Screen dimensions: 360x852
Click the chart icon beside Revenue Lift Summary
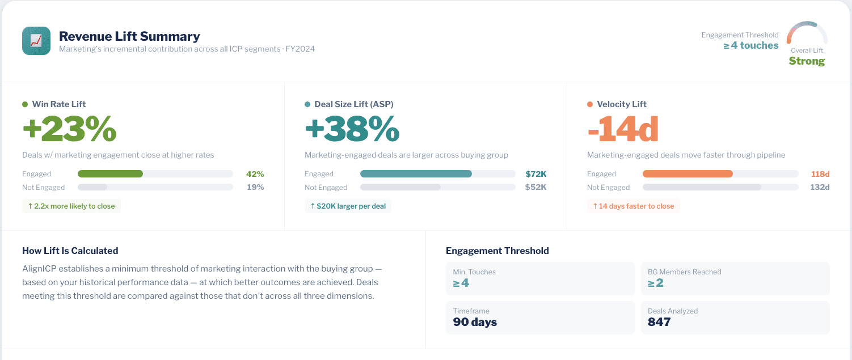pyautogui.click(x=36, y=41)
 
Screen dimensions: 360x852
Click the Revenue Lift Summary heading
pyautogui.click(x=129, y=36)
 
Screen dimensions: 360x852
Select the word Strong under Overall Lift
pyautogui.click(x=807, y=61)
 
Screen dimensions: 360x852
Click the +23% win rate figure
pyautogui.click(x=69, y=129)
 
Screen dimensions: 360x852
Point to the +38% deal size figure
pyautogui.click(x=352, y=129)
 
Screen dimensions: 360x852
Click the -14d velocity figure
pyautogui.click(x=622, y=129)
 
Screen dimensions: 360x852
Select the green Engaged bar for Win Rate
pyautogui.click(x=110, y=174)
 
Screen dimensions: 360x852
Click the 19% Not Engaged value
pyautogui.click(x=255, y=187)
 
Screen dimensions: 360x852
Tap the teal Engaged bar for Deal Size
pyautogui.click(x=416, y=174)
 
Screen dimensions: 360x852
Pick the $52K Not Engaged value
pyautogui.click(x=535, y=187)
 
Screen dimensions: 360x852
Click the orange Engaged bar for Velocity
pyautogui.click(x=687, y=174)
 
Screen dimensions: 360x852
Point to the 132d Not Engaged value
pyautogui.click(x=820, y=187)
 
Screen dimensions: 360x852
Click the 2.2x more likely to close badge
pyautogui.click(x=71, y=206)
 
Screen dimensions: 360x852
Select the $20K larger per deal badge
pyautogui.click(x=348, y=206)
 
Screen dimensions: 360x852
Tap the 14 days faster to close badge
pyautogui.click(x=633, y=206)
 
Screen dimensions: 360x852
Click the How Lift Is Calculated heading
pyautogui.click(x=70, y=251)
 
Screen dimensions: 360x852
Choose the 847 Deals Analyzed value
pyautogui.click(x=659, y=322)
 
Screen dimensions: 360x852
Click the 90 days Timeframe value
pyautogui.click(x=475, y=322)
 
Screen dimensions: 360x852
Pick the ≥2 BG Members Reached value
pyautogui.click(x=656, y=283)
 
